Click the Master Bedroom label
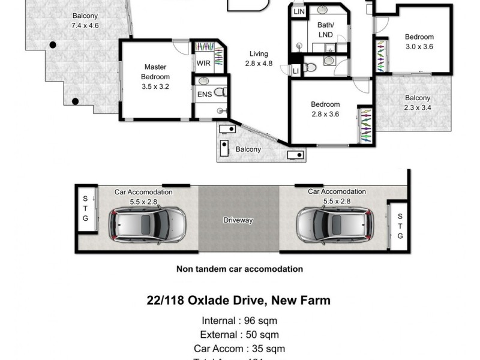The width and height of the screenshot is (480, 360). click(x=155, y=77)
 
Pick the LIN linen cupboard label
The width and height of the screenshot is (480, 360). click(x=298, y=11)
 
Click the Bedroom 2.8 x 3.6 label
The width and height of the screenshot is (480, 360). click(x=325, y=109)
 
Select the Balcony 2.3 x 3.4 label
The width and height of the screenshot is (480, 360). click(x=417, y=103)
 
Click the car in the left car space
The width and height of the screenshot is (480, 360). click(x=148, y=224)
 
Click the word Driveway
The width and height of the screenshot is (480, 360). click(x=238, y=220)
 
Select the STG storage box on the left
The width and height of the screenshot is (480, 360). click(x=85, y=208)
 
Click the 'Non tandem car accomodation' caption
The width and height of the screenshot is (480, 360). click(x=239, y=269)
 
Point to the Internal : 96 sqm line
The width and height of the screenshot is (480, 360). click(x=239, y=320)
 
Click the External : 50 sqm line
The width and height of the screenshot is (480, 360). click(x=239, y=334)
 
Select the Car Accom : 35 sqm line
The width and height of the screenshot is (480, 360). click(x=239, y=348)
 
